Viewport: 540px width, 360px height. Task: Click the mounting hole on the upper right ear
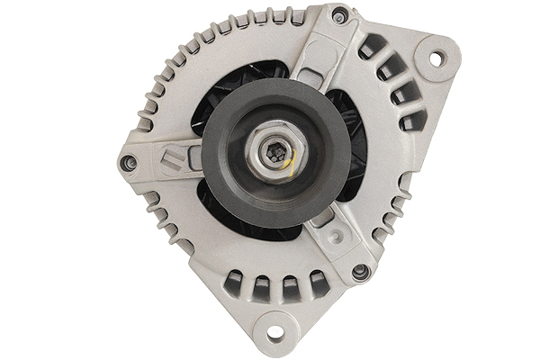click(x=435, y=58)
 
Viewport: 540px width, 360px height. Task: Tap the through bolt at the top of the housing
click(x=337, y=16)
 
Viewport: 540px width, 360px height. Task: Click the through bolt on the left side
click(x=129, y=163)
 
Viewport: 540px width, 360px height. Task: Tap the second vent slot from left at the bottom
click(x=262, y=288)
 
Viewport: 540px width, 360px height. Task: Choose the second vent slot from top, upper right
click(x=387, y=72)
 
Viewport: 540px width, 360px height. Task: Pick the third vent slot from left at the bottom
click(x=290, y=288)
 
